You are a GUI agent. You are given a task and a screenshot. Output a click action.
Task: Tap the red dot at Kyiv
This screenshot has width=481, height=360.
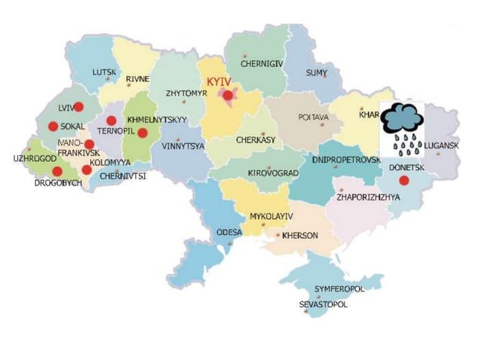click(x=228, y=95)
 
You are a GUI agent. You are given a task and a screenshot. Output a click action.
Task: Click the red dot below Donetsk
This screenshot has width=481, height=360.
click(x=404, y=180)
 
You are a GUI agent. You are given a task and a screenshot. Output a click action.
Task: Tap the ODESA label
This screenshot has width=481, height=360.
click(x=230, y=232)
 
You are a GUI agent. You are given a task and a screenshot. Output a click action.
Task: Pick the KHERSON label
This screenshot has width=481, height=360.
click(x=300, y=236)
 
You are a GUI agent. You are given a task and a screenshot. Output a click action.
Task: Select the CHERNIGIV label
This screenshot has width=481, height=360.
click(x=262, y=65)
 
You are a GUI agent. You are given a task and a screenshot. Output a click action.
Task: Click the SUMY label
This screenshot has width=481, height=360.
click(x=317, y=72)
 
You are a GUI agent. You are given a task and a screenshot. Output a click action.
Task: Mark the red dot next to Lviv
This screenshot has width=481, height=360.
click(x=78, y=107)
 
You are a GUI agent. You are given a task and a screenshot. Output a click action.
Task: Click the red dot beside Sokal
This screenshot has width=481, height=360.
click(x=53, y=126)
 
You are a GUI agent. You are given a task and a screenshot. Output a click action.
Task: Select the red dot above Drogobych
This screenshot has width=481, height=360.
click(x=57, y=171)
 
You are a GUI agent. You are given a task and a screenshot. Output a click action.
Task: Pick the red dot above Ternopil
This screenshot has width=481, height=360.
click(x=112, y=121)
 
